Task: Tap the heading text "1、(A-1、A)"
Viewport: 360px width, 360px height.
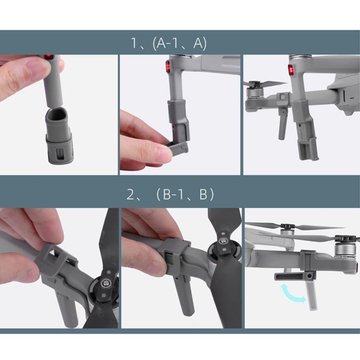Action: coord(169,43)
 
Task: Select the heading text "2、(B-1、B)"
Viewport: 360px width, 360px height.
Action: coord(170,194)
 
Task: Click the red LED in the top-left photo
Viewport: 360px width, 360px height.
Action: coord(48,57)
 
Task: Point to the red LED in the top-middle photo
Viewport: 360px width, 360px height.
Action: coord(168,67)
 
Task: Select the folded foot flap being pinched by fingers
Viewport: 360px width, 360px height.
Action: coord(176,147)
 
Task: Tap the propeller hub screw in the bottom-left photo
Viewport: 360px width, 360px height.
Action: coord(106,282)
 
